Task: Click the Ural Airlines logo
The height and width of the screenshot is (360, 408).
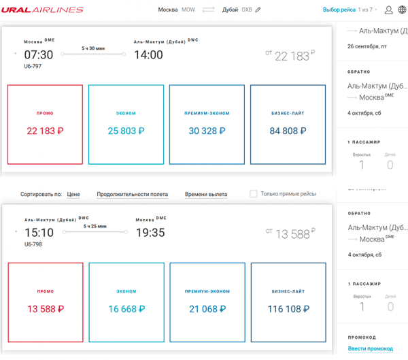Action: pos(42,10)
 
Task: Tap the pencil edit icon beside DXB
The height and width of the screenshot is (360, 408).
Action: pos(258,10)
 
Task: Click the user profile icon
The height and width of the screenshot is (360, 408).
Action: pos(389,10)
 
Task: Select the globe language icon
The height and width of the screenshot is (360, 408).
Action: pos(403,10)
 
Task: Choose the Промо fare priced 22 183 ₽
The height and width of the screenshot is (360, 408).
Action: pos(46,125)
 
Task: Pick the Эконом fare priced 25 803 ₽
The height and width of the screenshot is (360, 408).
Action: pos(126,125)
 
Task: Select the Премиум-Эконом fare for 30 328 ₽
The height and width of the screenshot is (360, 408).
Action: pos(207,125)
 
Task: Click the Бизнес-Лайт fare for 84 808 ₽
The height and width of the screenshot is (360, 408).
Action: pos(288,125)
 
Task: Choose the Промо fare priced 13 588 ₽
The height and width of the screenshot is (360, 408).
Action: pos(46,302)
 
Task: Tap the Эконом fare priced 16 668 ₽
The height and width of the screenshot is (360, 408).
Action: pos(126,302)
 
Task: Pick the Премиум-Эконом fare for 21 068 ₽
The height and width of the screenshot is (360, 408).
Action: pos(207,302)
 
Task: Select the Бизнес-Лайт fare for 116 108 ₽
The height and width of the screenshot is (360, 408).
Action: pos(288,302)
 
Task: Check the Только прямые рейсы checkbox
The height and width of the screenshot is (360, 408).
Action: pos(254,194)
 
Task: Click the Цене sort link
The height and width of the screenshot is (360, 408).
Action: pos(73,195)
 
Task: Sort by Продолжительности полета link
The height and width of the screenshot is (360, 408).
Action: pos(132,195)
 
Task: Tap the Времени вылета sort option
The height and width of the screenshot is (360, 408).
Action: pos(206,195)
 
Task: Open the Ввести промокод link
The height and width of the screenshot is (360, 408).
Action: pos(371,348)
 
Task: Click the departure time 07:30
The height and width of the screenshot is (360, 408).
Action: pos(39,54)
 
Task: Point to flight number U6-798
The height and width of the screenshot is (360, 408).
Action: pos(33,244)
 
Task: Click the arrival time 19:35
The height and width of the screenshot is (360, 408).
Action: pos(150,233)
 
